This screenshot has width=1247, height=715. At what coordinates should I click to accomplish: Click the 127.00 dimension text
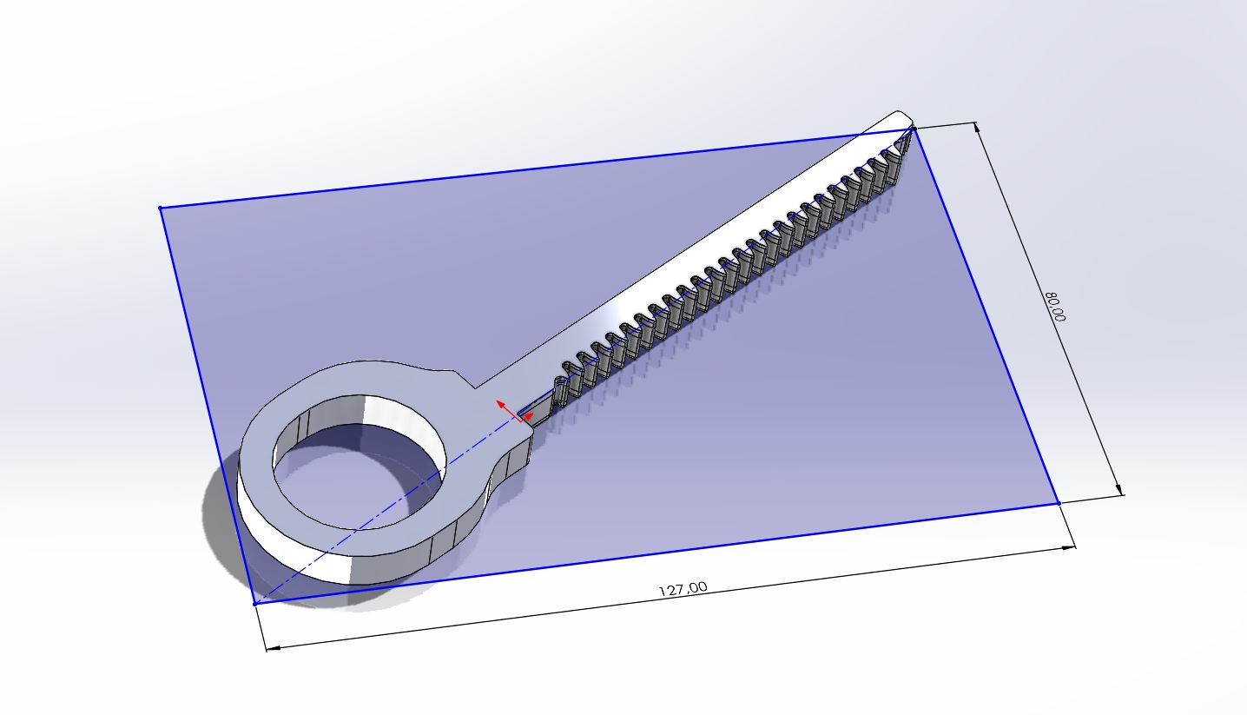[x=683, y=588]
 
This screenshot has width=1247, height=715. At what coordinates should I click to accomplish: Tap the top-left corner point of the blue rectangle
[x=161, y=208]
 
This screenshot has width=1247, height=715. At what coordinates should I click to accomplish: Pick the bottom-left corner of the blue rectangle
[x=254, y=603]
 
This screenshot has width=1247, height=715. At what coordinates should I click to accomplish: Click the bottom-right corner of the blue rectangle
[x=1059, y=502]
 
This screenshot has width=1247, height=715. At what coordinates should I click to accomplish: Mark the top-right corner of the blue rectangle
[x=914, y=129]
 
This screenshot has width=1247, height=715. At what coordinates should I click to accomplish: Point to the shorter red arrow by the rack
[x=528, y=417]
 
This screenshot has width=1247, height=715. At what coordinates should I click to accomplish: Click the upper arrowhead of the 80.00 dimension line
[x=979, y=127]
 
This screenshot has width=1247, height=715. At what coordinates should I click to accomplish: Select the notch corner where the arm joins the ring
[x=473, y=387]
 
